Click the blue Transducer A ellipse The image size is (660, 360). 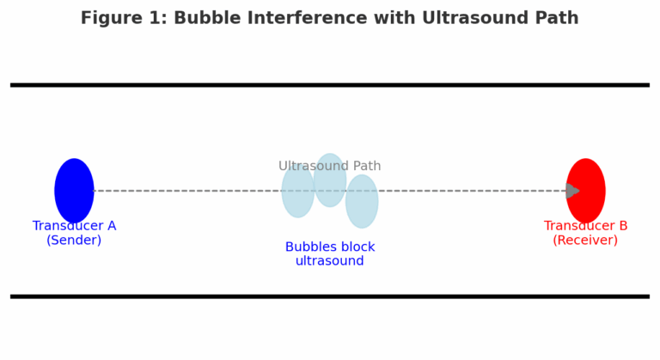coord(74,191)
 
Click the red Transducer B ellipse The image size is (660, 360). coord(585,191)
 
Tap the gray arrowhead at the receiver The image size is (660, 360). coord(572,191)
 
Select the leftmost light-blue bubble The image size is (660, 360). coord(298,191)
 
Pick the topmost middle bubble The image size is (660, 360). coord(330,180)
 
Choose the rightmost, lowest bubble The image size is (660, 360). coord(362,201)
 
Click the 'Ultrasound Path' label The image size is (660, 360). coord(330,166)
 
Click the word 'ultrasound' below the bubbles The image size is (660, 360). coord(330,261)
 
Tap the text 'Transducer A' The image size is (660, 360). coord(74,226)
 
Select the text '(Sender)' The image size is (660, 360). coord(74,240)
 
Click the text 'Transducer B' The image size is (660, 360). coord(585,226)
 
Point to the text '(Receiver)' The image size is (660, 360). coord(585,240)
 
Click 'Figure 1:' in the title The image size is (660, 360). coord(124,18)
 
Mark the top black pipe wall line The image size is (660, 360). coord(330,85)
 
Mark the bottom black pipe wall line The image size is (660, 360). coord(330,296)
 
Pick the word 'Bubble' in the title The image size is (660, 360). coord(208,18)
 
